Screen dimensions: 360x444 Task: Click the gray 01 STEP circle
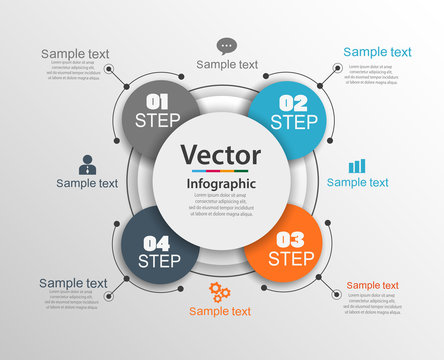(161, 112)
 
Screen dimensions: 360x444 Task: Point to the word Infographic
(221, 184)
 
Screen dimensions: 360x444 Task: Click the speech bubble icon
(226, 45)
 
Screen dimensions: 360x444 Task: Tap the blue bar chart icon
(357, 165)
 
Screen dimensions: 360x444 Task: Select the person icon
(87, 164)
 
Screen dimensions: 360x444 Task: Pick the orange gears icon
(220, 292)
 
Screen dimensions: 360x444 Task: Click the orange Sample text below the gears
(220, 311)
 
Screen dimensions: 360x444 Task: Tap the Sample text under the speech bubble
(227, 64)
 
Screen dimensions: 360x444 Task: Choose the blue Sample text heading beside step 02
(377, 52)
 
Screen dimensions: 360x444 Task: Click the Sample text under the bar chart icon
(358, 182)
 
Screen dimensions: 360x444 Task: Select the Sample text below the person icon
(87, 183)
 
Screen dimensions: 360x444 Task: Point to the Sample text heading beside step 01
(75, 53)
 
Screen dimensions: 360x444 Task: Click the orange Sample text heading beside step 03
(372, 285)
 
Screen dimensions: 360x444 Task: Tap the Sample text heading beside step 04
(73, 283)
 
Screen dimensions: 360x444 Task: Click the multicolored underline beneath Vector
(221, 171)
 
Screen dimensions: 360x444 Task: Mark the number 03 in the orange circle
(289, 238)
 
